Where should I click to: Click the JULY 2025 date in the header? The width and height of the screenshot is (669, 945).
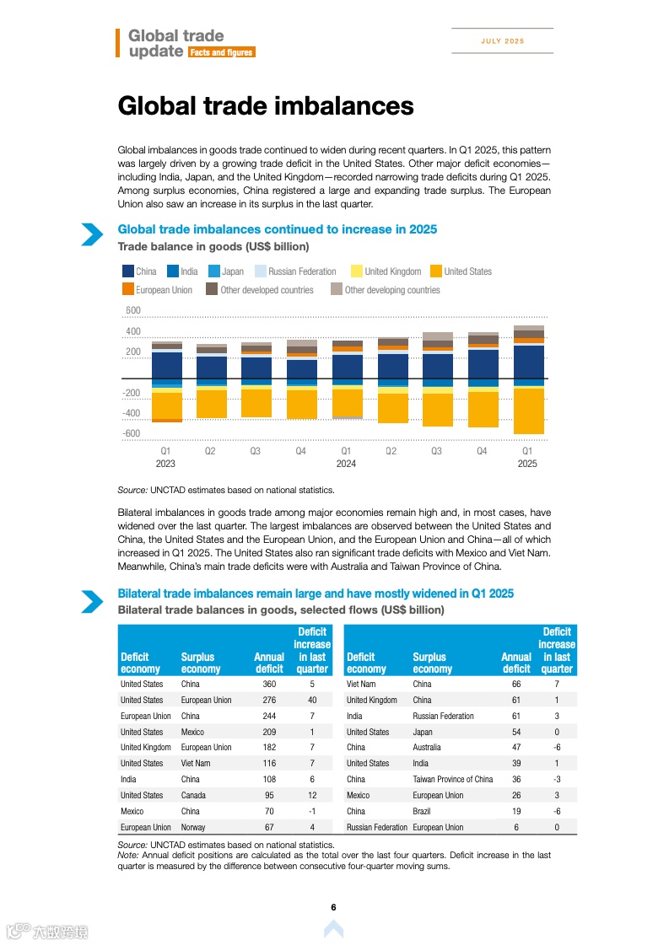pos(503,41)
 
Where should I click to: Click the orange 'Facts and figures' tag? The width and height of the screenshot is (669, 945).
pos(221,52)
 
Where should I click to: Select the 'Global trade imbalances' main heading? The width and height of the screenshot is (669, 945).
pos(266,106)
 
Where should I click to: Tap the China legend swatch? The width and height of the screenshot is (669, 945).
pos(128,271)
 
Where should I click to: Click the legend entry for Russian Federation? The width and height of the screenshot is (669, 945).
pos(302,271)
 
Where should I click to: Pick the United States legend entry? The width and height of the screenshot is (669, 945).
pos(467,271)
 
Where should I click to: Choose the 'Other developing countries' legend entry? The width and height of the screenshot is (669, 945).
pos(392,290)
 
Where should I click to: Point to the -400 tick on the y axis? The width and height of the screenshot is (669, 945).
pos(132,414)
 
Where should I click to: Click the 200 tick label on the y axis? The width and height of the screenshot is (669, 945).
pos(133,352)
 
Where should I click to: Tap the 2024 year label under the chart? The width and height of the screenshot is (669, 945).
pos(346,464)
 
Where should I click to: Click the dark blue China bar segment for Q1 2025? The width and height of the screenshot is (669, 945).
pos(528,362)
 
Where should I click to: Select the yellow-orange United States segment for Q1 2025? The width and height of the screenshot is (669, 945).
pos(528,411)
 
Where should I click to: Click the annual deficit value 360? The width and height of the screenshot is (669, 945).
pos(269,685)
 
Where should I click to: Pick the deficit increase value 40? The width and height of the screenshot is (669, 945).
pos(312,701)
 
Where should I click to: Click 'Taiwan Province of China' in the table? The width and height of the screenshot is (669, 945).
pos(453,780)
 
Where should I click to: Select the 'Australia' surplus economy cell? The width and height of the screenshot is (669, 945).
pos(430,748)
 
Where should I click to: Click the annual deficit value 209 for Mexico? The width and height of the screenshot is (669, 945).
pos(269,733)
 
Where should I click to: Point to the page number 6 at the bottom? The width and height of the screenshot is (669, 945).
pos(334,908)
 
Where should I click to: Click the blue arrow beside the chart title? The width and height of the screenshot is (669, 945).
pos(92,235)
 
